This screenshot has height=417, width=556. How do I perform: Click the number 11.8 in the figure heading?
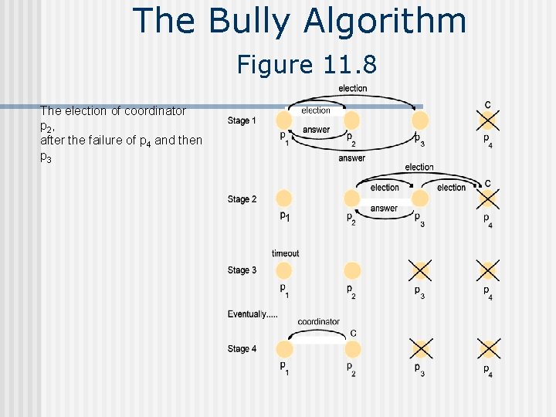pyautogui.click(x=350, y=65)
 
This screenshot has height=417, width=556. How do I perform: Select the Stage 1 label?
pyautogui.click(x=242, y=120)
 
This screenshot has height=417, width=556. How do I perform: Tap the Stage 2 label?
pyautogui.click(x=242, y=199)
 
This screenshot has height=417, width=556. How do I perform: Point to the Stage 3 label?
pyautogui.click(x=242, y=270)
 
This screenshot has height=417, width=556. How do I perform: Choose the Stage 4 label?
pyautogui.click(x=242, y=349)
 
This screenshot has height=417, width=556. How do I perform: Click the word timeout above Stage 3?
pyautogui.click(x=285, y=253)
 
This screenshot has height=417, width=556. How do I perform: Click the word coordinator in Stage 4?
pyautogui.click(x=318, y=322)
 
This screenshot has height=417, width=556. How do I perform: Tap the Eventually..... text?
pyautogui.click(x=253, y=314)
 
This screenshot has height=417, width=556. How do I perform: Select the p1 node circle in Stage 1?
pyautogui.click(x=284, y=120)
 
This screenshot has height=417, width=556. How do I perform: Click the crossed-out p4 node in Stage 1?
pyautogui.click(x=487, y=120)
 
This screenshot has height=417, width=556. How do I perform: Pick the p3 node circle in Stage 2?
pyautogui.click(x=419, y=198)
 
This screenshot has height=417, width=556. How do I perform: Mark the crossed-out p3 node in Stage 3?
pyautogui.click(x=419, y=270)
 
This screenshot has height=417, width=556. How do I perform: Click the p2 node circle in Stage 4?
pyautogui.click(x=352, y=348)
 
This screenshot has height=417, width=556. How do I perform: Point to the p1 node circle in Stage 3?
pyautogui.click(x=284, y=270)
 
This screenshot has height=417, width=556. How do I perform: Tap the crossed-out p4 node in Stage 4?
pyautogui.click(x=487, y=348)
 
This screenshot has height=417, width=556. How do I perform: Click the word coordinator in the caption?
pyautogui.click(x=159, y=111)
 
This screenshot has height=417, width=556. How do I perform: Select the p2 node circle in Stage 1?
pyautogui.click(x=352, y=120)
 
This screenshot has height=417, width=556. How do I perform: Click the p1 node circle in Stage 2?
pyautogui.click(x=284, y=198)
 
